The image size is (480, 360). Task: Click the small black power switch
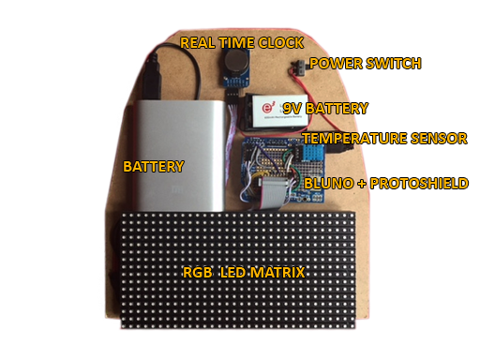(x=293, y=67)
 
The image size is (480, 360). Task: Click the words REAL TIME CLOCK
(x=242, y=42)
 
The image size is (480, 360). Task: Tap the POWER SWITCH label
(x=365, y=64)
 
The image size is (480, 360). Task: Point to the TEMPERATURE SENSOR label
(x=384, y=139)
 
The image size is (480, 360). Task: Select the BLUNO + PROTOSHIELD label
(x=385, y=183)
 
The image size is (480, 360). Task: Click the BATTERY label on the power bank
(x=153, y=166)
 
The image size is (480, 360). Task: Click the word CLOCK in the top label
(x=285, y=42)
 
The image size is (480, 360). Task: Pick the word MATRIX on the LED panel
(x=279, y=273)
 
